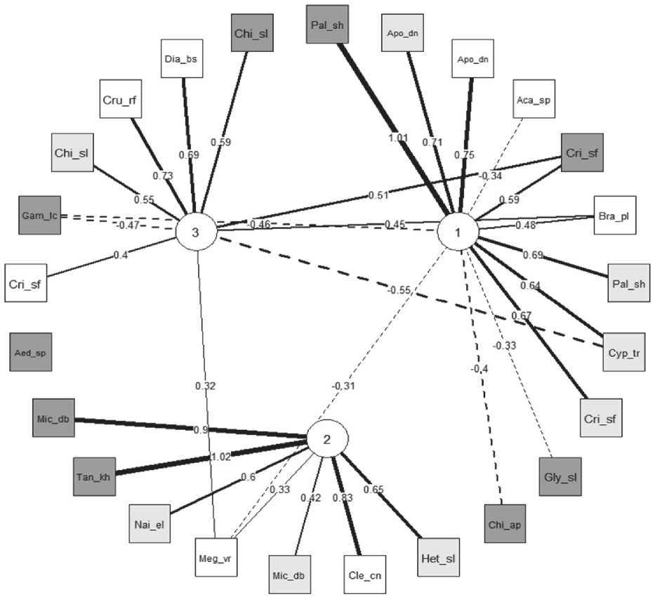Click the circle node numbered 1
tap(458, 231)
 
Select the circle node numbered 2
tap(326, 440)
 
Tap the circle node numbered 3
tap(196, 233)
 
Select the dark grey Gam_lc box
tap(39, 216)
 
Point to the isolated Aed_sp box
tap(32, 353)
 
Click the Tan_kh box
tap(94, 476)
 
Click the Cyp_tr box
tap(622, 353)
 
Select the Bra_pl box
tap(614, 215)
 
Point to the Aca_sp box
tap(534, 100)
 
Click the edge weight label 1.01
tap(399, 138)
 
